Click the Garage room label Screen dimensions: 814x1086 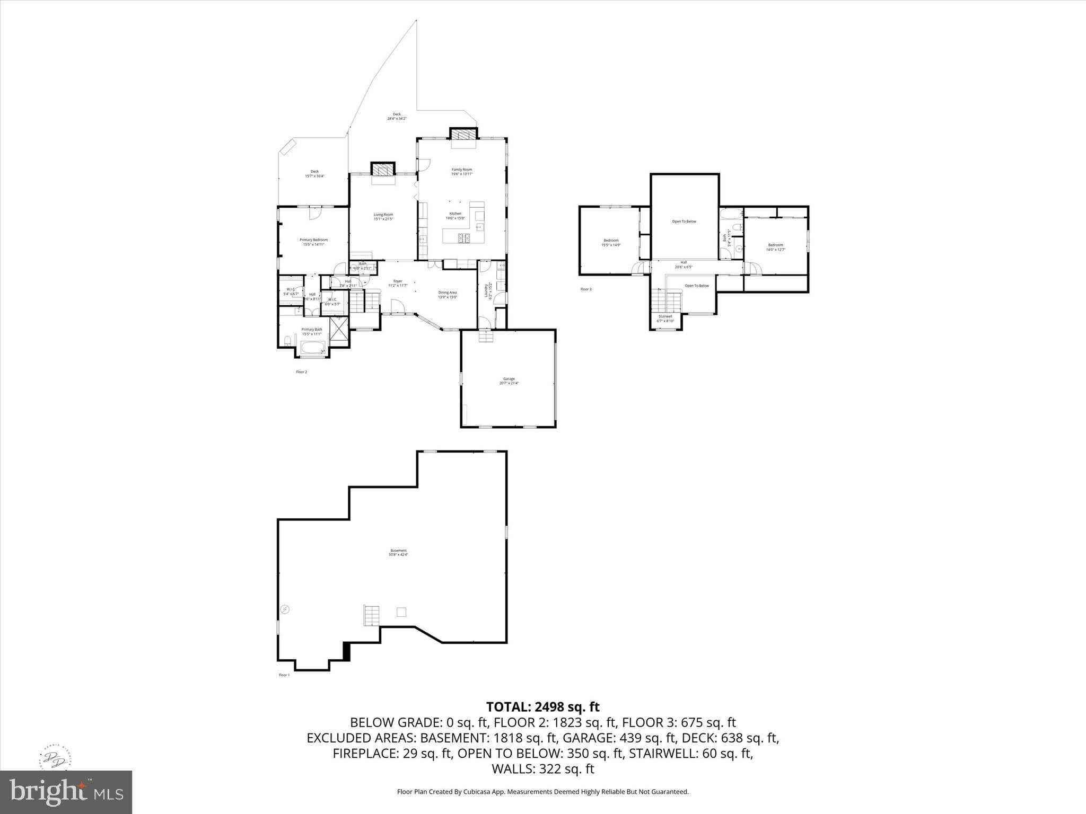[509, 381]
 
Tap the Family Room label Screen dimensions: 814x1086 [461, 172]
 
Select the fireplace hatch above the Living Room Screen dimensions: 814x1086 [382, 170]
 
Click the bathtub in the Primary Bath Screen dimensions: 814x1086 [313, 348]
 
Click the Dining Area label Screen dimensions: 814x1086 [447, 295]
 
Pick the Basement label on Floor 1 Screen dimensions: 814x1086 [398, 552]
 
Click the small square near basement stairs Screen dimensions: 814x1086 [401, 612]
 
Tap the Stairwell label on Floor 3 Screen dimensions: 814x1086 [665, 318]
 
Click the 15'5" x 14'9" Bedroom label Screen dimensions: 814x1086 [611, 243]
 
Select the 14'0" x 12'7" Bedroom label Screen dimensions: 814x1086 [775, 247]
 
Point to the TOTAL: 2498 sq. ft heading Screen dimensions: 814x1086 [542, 707]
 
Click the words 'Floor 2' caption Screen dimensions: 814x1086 [301, 372]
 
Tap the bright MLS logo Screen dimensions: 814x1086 [66, 792]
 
